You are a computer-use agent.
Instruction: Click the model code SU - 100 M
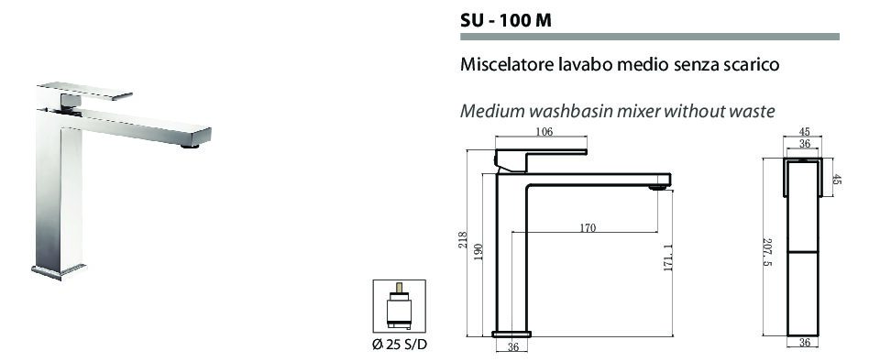pos(506,20)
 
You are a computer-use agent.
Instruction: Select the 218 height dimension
pos(462,241)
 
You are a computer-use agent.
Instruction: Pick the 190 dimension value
pos(478,252)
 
